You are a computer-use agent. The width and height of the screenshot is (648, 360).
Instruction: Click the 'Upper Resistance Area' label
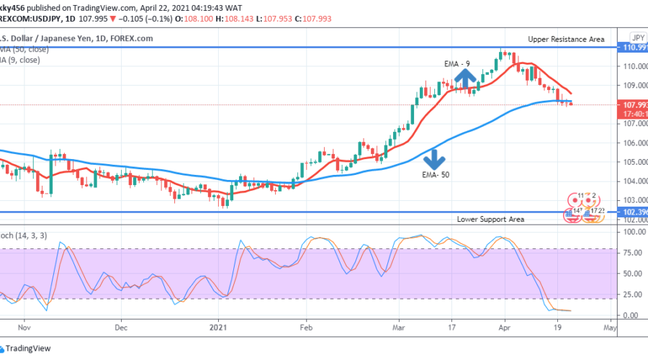click(x=565, y=39)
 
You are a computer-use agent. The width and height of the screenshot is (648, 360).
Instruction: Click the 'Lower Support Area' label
click(x=490, y=219)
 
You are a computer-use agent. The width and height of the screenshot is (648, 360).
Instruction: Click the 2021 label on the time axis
click(x=217, y=326)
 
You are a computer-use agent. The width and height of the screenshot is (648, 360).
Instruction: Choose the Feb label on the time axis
click(x=306, y=326)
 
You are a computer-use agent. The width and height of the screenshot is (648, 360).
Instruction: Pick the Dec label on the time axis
click(x=120, y=326)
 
